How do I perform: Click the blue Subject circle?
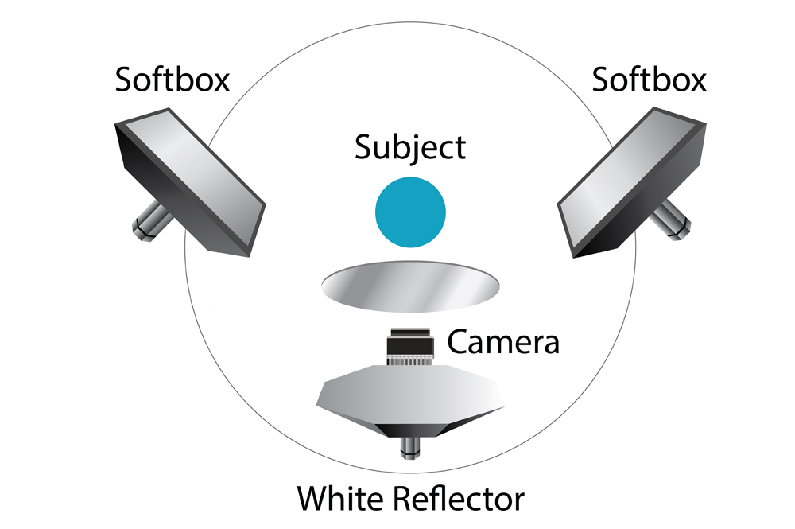pos(410,212)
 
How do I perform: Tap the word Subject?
pos(410,148)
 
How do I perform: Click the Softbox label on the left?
pos(173,80)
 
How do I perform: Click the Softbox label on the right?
pos(649,80)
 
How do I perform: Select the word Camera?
pos(503,342)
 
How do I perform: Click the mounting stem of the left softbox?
pos(146,224)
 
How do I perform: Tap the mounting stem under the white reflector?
pos(410,450)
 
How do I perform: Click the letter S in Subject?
pos(363,148)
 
